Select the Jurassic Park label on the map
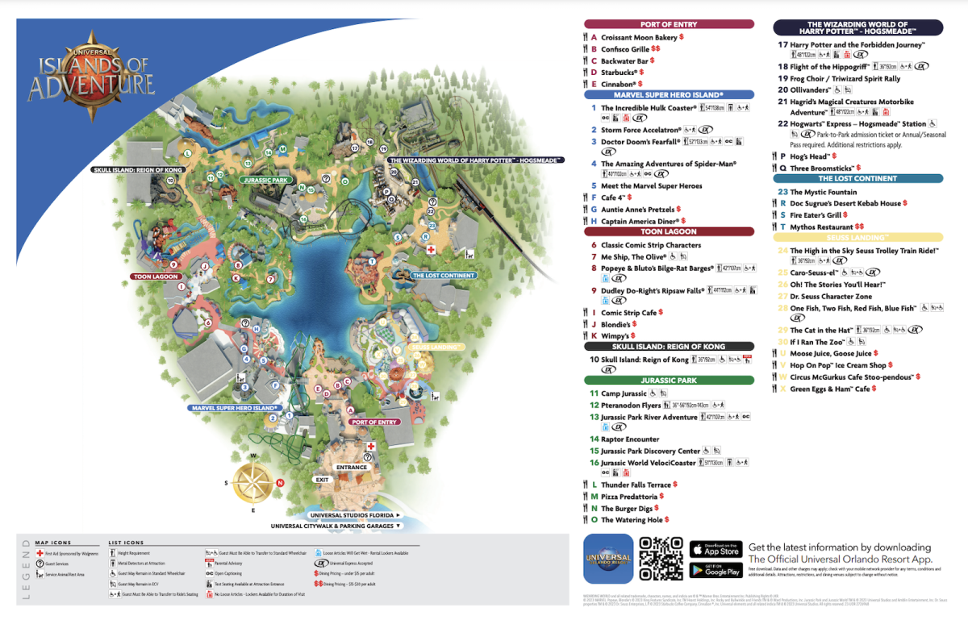[x=265, y=181]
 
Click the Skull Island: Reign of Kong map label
[x=137, y=170]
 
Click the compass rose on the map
[x=253, y=484]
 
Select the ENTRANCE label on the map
[x=352, y=467]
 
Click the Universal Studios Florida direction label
[x=354, y=514]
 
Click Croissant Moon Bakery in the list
[x=639, y=38]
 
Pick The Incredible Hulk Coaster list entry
[x=649, y=108]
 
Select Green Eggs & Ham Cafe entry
[x=830, y=389]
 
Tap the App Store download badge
[x=716, y=549]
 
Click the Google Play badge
[x=716, y=569]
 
